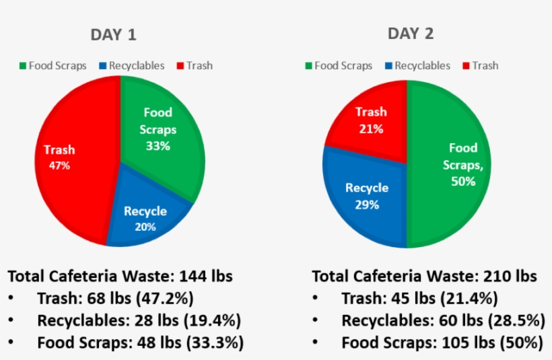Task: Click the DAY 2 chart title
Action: tap(410, 33)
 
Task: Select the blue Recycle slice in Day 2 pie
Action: tap(364, 195)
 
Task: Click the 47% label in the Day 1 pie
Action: tap(59, 165)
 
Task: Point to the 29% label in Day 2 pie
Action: tap(367, 205)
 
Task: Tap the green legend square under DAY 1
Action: tap(22, 66)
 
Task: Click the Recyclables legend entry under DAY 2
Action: tap(417, 66)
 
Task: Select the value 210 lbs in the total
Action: tap(510, 276)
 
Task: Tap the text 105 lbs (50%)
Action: tap(495, 343)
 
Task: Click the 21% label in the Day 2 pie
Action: tap(371, 129)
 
